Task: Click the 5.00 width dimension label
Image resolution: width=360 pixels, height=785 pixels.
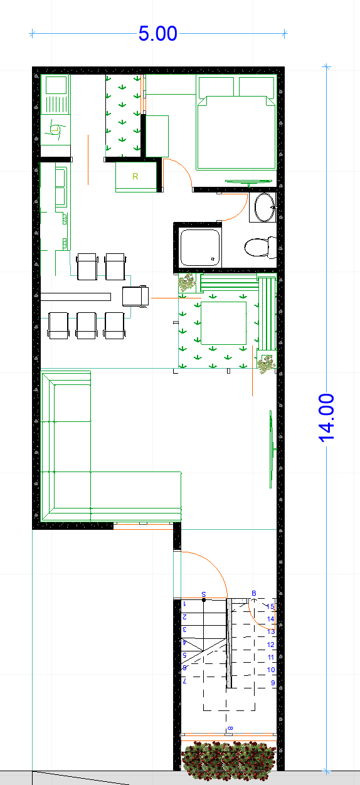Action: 158,33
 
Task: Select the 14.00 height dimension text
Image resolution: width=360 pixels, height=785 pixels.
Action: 327,417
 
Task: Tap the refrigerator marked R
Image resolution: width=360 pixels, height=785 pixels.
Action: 135,176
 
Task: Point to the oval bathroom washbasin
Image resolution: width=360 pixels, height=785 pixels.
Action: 263,207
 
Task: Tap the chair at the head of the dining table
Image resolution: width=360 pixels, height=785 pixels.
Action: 135,296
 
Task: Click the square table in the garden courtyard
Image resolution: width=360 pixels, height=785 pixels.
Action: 223,323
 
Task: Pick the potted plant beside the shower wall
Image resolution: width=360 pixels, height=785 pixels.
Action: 187,283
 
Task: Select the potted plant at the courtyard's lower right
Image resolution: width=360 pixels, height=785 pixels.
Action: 267,363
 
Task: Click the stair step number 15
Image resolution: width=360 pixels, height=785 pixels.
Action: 270,606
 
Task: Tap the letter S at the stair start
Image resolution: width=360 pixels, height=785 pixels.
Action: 204,593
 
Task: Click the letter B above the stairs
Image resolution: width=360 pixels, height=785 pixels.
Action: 254,593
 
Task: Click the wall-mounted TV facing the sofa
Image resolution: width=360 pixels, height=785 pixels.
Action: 272,448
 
